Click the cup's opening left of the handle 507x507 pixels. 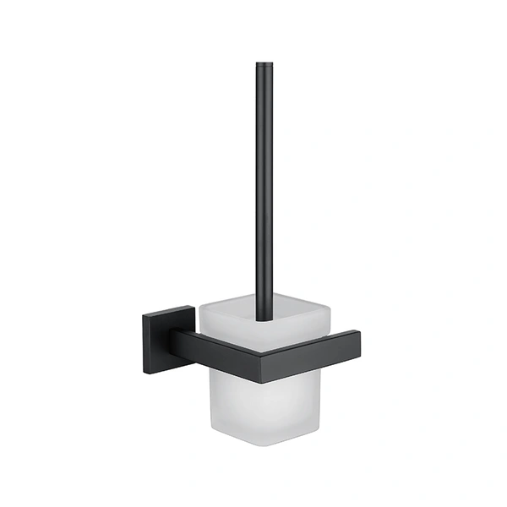(x=224, y=317)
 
